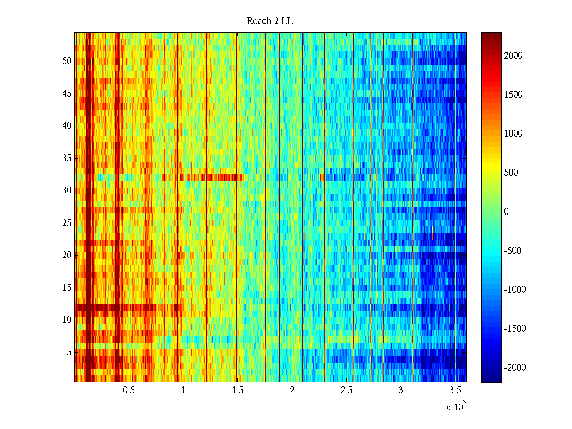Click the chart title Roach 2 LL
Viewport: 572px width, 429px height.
coord(270,21)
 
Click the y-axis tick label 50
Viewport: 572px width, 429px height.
coord(67,61)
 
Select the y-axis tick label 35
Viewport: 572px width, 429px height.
coord(67,158)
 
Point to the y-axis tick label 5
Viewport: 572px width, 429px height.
coord(69,352)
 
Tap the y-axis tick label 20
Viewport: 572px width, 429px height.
coord(67,255)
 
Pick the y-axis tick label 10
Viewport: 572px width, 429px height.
coord(67,320)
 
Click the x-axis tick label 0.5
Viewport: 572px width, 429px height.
coord(129,390)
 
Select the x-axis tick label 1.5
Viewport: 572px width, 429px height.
coord(237,390)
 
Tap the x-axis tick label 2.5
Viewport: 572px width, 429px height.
coord(346,390)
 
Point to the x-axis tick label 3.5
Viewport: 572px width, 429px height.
coord(455,390)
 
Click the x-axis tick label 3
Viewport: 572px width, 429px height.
coord(401,390)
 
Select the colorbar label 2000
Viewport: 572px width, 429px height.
coord(513,56)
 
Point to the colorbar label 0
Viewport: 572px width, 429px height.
coord(506,212)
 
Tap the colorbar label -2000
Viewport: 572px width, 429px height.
coord(515,368)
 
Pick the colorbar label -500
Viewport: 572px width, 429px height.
coord(513,251)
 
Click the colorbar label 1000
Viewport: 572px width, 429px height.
coord(513,134)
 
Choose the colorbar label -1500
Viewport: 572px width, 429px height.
coord(515,329)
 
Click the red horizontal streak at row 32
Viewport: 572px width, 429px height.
coord(214,178)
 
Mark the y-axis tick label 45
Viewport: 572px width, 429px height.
coord(67,94)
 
